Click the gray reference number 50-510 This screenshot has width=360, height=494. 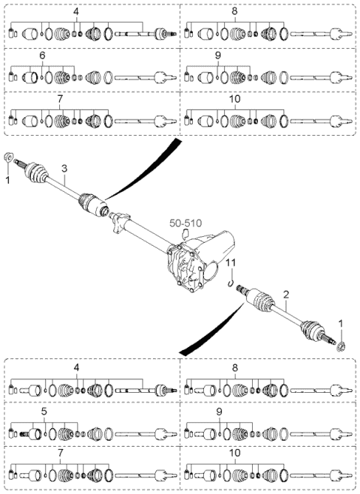coord(185,223)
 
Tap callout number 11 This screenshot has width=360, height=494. coord(231,262)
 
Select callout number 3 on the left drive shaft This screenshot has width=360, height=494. coord(64,168)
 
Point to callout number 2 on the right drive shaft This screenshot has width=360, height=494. coord(286,295)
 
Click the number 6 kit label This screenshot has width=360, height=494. coord(42,55)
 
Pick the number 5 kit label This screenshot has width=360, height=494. coord(43,411)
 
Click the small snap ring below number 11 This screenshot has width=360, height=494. coord(231,283)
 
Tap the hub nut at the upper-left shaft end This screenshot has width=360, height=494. coord(8,157)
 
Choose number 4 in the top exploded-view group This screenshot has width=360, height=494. coord(76,12)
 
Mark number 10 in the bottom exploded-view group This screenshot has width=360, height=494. coord(235,453)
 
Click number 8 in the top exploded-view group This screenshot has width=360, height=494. coord(235,12)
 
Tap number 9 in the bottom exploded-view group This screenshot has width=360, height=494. coord(219,411)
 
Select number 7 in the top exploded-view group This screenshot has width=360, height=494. coord(60,99)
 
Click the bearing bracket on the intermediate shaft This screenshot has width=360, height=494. coord(120,222)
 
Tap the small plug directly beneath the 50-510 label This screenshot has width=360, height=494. coord(186,234)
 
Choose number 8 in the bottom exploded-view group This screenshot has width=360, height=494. coord(235,368)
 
